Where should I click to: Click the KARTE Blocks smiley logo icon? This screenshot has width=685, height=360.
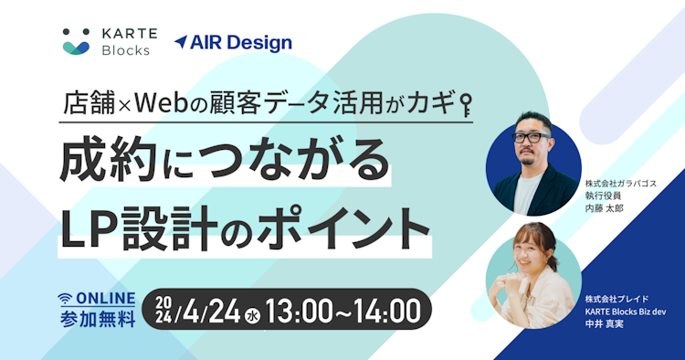[77, 41]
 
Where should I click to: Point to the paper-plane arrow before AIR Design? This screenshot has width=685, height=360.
[181, 42]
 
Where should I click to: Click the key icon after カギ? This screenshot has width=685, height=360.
[464, 103]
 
